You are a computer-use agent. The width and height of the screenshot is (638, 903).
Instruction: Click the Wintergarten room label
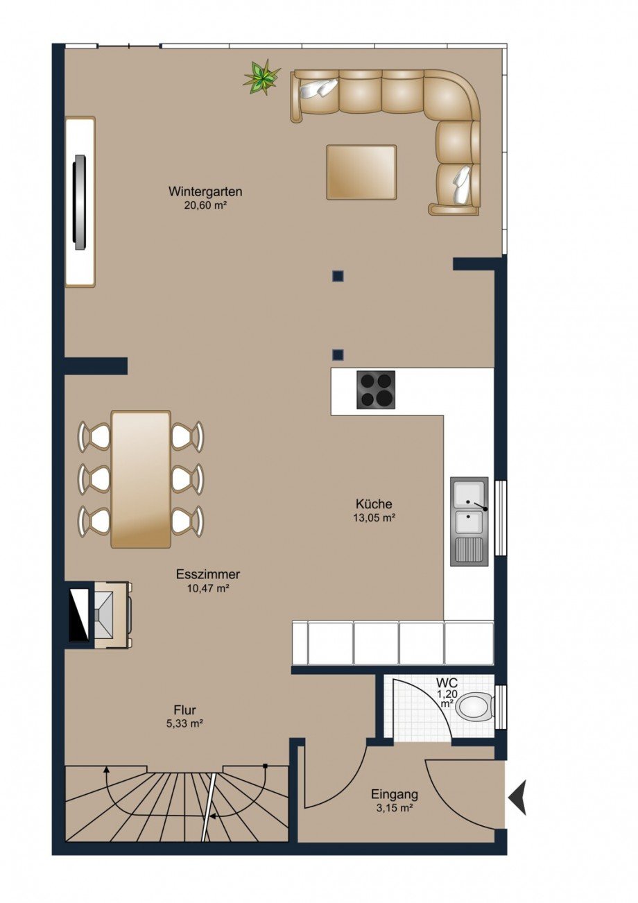click(x=205, y=191)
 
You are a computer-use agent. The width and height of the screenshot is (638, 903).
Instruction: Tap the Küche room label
click(x=374, y=504)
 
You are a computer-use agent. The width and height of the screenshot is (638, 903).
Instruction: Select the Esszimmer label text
click(x=208, y=574)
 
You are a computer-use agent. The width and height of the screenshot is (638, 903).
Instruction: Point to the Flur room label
click(x=184, y=709)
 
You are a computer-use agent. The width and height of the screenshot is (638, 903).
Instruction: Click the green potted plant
click(x=261, y=78)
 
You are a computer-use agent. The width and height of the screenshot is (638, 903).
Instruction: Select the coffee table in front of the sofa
click(x=361, y=172)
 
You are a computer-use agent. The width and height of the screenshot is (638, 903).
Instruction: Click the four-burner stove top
click(x=376, y=390)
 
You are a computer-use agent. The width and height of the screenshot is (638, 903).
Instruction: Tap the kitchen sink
click(x=469, y=522)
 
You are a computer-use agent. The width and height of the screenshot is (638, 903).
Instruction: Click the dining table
click(x=141, y=479)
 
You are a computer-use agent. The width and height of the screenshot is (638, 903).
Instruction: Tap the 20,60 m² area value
click(x=205, y=205)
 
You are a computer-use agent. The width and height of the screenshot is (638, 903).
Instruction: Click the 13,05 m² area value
click(x=374, y=518)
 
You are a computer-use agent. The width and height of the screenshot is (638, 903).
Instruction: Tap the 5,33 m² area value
click(x=184, y=723)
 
